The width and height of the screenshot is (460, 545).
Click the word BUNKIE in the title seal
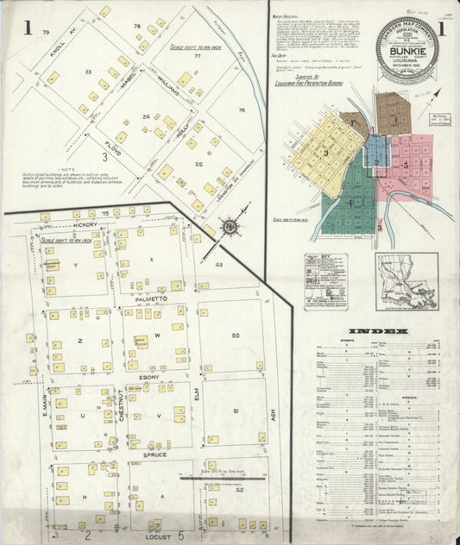407,39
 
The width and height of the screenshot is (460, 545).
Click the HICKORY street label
86,223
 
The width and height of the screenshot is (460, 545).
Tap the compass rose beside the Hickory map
230,228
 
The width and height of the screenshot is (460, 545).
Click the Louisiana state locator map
406,281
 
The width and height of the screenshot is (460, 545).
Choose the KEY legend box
326,281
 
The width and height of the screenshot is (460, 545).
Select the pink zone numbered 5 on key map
406,162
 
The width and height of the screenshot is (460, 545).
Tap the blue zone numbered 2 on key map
377,151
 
